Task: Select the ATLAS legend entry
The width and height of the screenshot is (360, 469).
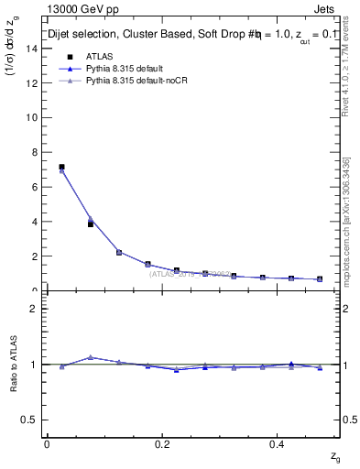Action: tap(97, 57)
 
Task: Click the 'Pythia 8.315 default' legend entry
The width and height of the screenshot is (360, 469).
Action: tap(123, 69)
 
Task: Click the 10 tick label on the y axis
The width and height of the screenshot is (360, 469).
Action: tap(34, 117)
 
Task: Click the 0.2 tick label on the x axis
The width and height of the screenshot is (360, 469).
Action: tap(162, 444)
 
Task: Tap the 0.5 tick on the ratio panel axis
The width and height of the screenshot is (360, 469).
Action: tap(32, 420)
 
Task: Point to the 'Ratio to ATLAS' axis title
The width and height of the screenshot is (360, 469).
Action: tap(13, 364)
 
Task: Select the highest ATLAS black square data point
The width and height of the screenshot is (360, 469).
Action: tap(61, 167)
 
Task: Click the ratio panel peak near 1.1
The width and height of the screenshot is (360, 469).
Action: tap(90, 357)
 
